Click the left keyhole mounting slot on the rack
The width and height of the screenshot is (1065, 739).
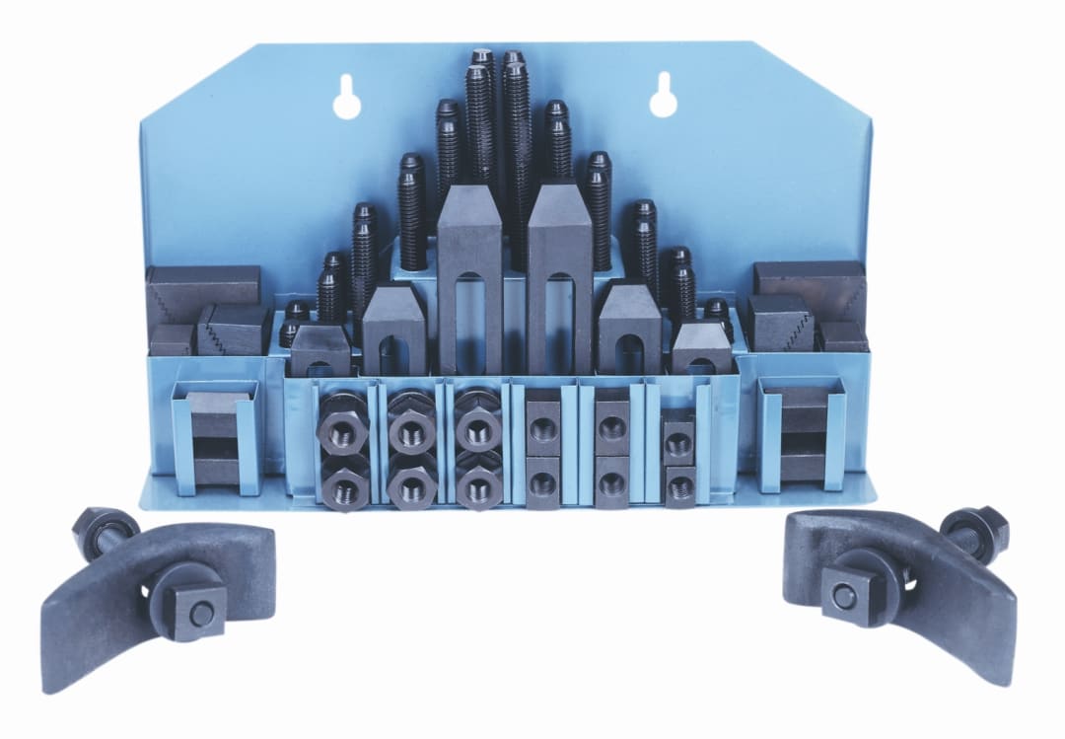click(x=347, y=97)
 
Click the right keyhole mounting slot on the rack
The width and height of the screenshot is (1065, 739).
click(x=662, y=95)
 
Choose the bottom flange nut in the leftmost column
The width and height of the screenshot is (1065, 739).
click(x=343, y=483)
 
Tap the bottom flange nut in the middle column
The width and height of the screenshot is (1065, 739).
click(x=412, y=483)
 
